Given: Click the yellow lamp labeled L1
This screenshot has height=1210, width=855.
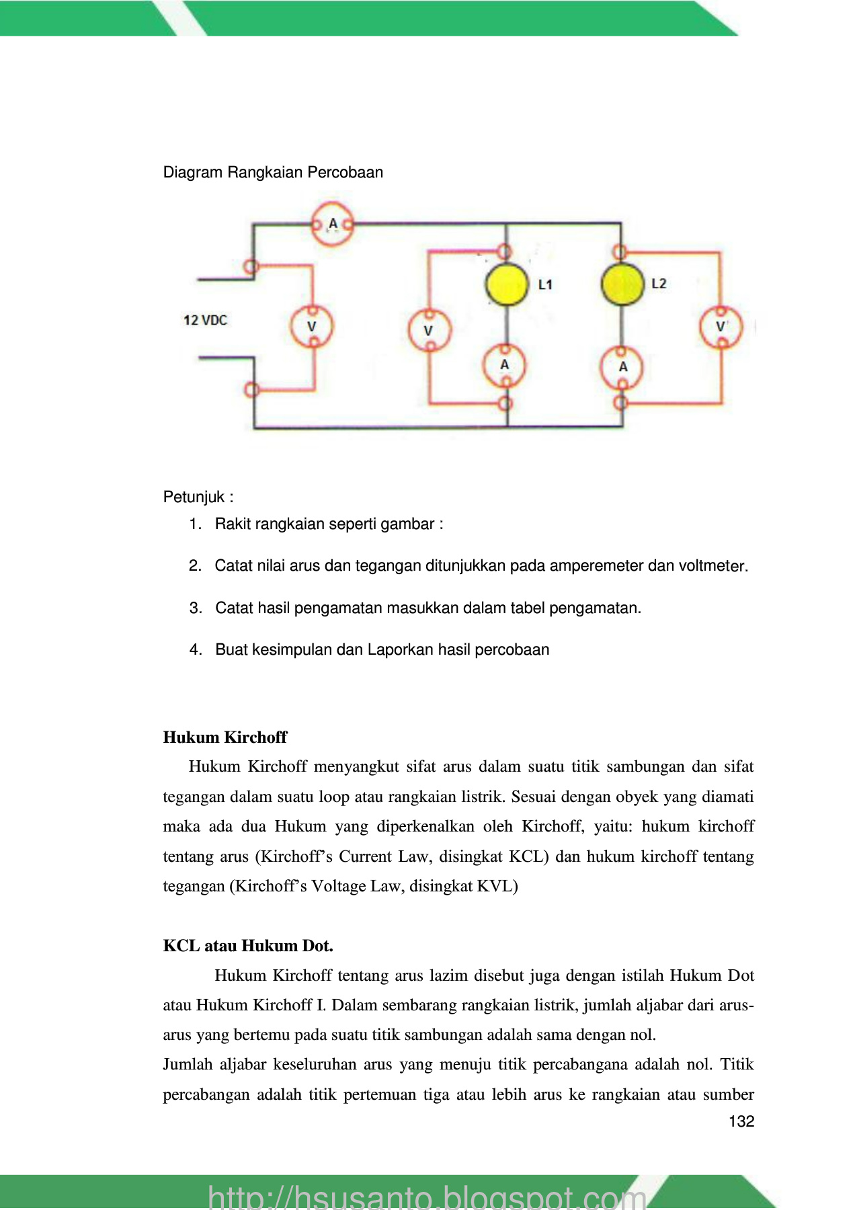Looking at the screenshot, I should pos(506,284).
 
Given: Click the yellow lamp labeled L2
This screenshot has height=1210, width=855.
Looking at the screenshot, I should pos(622,284).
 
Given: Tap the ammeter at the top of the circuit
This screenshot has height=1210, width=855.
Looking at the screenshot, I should pos(332,224).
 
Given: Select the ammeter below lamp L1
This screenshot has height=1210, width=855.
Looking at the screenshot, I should pos(505,365).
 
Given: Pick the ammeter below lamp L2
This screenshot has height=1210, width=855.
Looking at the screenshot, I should pos(622,367).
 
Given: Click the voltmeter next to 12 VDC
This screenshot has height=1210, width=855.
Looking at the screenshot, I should pos(312,327).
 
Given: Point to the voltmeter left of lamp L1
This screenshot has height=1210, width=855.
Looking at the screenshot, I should pos(429,330).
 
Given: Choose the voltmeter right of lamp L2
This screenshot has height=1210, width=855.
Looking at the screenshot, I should pos(721,327).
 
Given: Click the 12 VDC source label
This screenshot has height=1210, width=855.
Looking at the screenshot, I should pos(205,320).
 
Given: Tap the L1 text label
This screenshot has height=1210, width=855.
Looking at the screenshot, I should pos(545,284).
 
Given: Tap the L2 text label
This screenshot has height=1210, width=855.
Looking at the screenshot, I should pos(659,283).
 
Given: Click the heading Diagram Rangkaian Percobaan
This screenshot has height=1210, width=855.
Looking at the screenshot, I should pos(273,172).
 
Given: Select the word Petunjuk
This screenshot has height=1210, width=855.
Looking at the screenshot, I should pos(194,497).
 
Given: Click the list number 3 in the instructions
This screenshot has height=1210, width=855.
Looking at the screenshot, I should pos(195,608).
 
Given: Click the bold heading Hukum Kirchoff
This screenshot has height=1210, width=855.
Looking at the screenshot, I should pos(225,737).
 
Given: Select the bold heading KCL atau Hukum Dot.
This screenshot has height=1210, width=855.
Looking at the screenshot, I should pos(248,946).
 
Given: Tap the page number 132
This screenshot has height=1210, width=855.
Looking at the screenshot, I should pos(741,1121).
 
